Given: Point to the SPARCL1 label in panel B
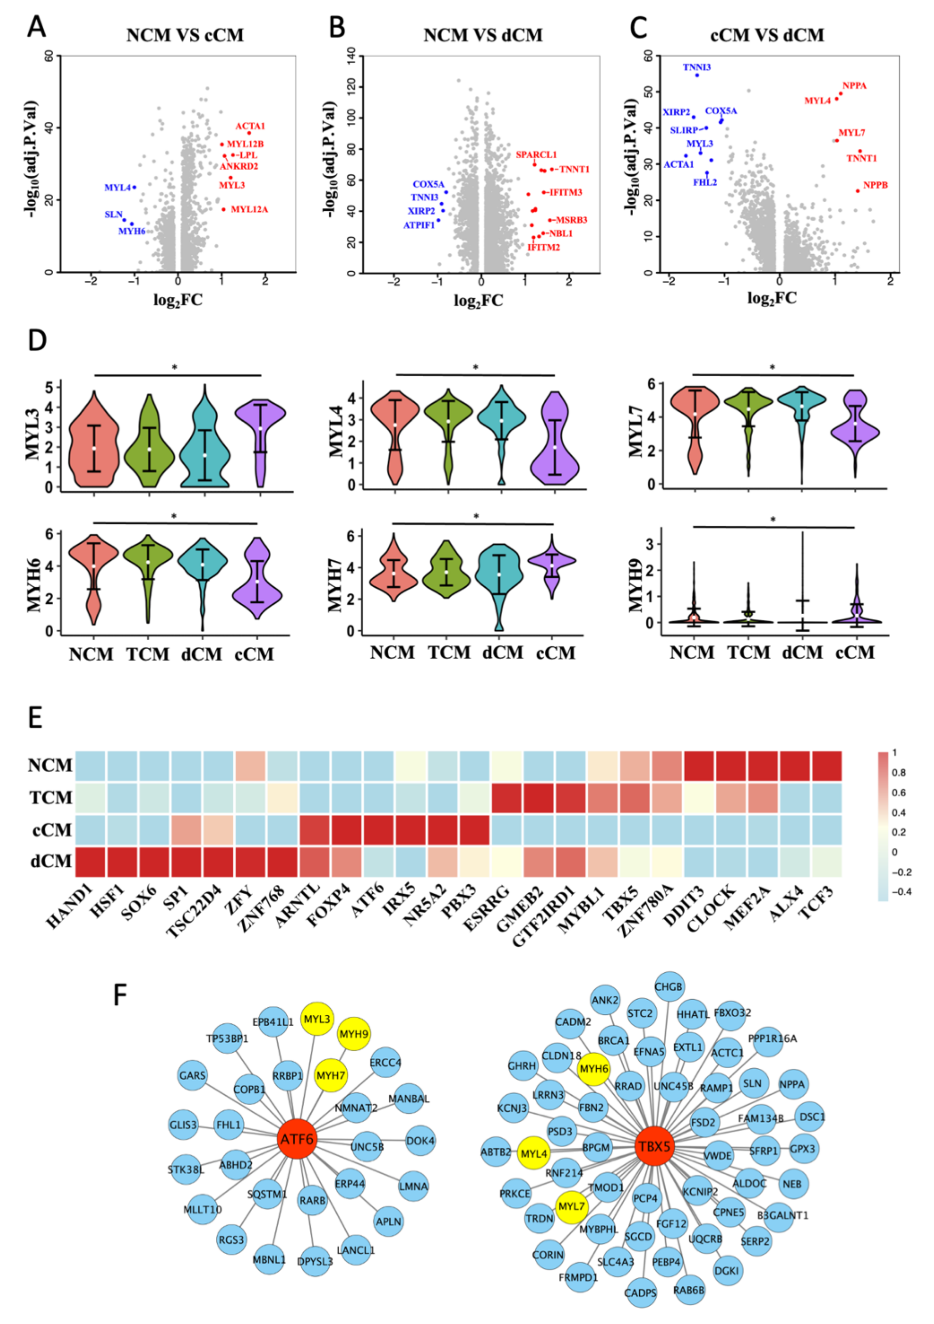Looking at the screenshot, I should pos(536,155).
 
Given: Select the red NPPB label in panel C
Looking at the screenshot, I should pos(874,185).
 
